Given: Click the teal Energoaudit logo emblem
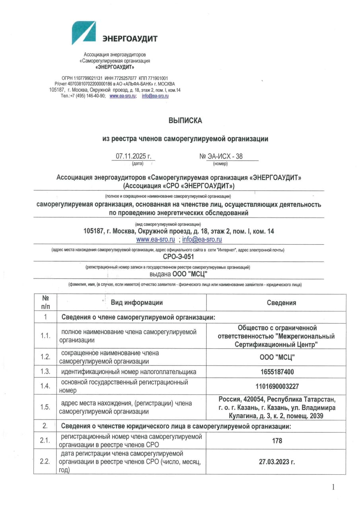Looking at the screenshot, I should tap(84, 33).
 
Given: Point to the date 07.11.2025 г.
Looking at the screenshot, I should tap(134, 157).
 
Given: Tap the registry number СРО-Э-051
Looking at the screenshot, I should tap(179, 256).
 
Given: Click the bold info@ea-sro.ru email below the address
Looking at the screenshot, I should tap(202, 239).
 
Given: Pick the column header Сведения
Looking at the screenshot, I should tap(281, 303).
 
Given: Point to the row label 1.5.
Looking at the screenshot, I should tap(45, 407).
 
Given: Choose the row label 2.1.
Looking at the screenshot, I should tap(45, 441).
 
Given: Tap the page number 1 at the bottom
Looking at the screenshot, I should tap(333, 487).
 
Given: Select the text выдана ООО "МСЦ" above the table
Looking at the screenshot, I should tap(179, 274).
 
